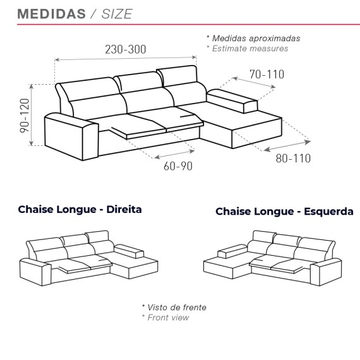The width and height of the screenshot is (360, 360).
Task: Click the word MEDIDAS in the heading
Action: click(51, 14)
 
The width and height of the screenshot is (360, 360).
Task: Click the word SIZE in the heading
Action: click(117, 14)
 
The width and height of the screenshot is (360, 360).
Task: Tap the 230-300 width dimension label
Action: click(125, 49)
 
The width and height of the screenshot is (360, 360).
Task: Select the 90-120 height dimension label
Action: click(25, 116)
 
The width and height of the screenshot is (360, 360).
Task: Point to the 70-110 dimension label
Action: click(267, 75)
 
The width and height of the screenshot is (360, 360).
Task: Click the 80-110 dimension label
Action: click(293, 159)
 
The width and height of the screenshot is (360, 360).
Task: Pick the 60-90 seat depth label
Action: click(178, 166)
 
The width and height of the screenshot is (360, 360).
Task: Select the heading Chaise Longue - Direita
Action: click(80, 210)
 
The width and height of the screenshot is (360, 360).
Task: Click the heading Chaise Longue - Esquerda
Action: click(284, 212)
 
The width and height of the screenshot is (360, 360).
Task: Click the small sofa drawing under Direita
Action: click(88, 258)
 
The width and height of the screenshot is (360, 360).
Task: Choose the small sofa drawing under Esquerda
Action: click(272, 258)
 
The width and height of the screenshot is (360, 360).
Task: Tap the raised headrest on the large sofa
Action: click(177, 76)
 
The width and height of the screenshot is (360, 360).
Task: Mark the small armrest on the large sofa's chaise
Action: click(232, 101)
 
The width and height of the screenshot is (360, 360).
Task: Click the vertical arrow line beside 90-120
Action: click(32, 115)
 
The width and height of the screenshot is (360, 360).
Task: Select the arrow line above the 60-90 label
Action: click(174, 154)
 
